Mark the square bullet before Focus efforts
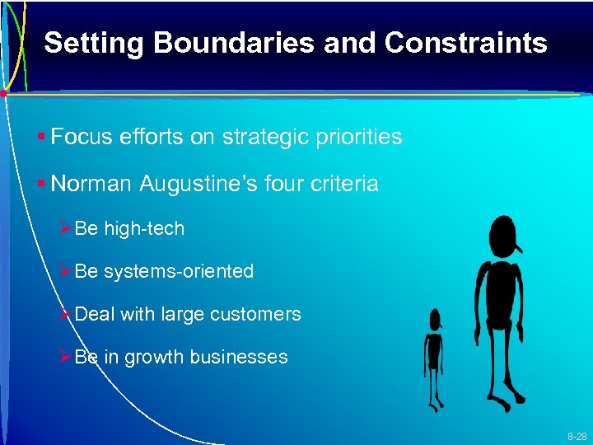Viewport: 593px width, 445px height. (x=40, y=138)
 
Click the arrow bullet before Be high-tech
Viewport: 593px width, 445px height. (x=66, y=228)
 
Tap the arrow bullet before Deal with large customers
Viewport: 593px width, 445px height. (x=66, y=314)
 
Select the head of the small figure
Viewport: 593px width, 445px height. (x=434, y=319)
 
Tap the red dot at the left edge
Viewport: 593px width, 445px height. (x=3, y=93)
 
